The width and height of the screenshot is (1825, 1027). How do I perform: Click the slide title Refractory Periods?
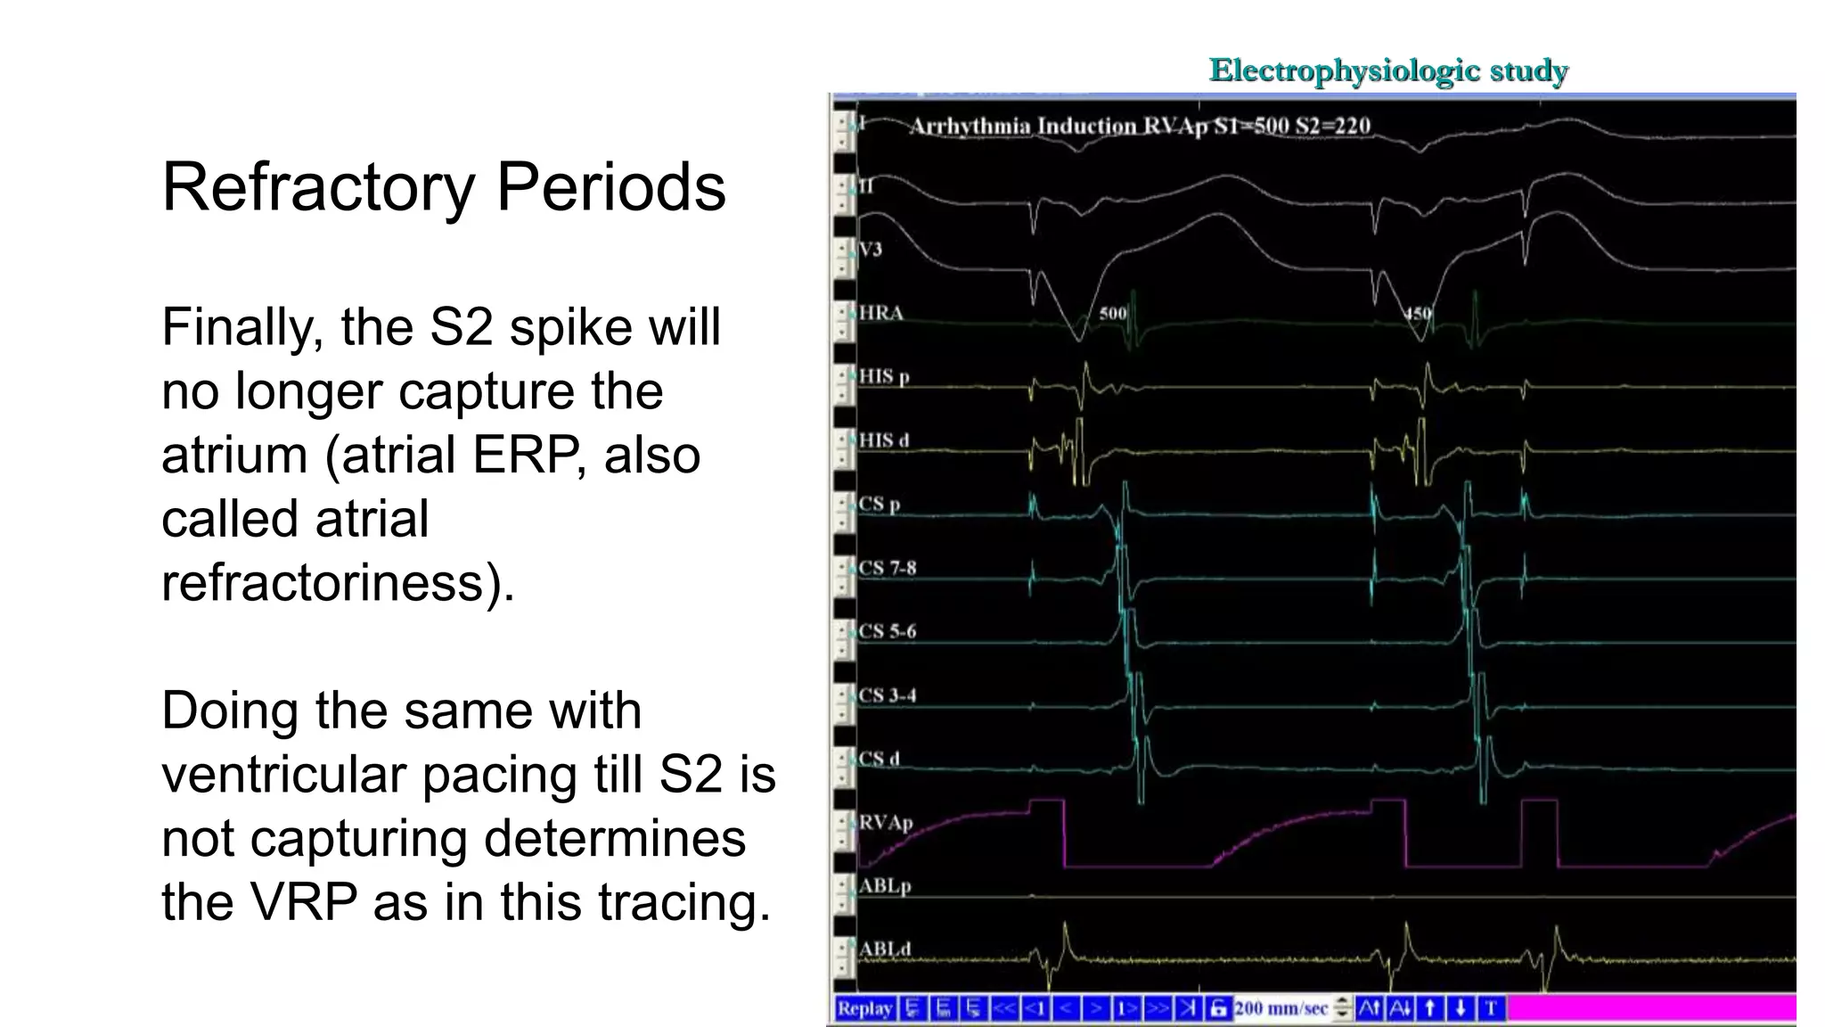444,187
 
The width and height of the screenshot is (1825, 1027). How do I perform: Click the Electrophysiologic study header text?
1387,70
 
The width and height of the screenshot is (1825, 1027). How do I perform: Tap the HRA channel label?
880,313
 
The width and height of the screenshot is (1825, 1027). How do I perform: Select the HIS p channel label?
883,376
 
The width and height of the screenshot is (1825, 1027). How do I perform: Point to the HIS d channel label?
883,440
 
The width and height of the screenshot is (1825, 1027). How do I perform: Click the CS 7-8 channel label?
887,568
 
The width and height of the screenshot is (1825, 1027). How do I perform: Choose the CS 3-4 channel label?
887,695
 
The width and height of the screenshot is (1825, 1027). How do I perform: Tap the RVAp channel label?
885,822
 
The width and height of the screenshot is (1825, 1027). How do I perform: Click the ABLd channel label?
884,949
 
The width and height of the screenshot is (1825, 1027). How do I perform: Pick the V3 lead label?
871,249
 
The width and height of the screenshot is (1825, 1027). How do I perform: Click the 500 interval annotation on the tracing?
1112,314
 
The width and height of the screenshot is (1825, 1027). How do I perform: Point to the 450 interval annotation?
1418,314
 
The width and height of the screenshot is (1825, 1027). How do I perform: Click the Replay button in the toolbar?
864,1008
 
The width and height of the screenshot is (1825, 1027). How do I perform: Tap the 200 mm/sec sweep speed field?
1281,1008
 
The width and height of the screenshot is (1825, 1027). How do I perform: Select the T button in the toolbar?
1491,1008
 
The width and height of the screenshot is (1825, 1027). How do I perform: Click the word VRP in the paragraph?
304,902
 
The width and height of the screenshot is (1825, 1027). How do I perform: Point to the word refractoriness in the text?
338,583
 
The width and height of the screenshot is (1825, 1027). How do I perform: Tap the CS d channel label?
879,759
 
